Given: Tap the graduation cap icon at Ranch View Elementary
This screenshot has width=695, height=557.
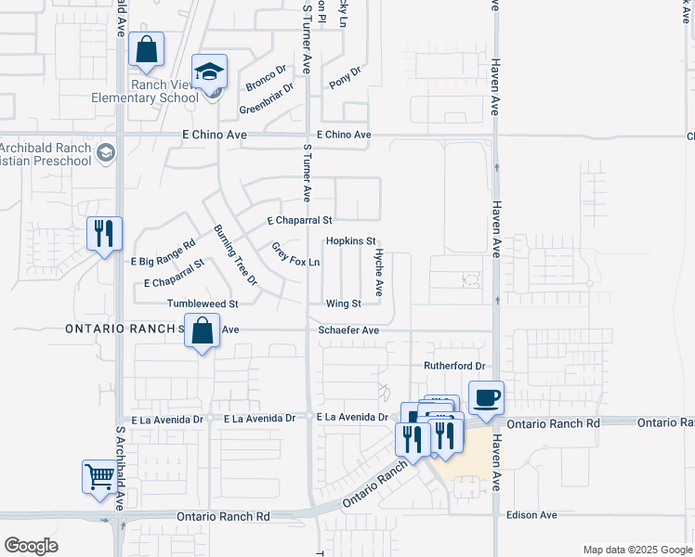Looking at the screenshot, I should (x=210, y=72).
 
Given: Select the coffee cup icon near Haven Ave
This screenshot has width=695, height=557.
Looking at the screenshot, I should (x=487, y=398).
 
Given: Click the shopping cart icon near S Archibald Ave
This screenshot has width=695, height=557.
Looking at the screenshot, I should (x=98, y=477).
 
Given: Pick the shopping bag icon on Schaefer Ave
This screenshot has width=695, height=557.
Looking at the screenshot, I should (x=202, y=330).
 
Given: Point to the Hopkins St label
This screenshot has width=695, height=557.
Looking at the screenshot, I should (x=350, y=240).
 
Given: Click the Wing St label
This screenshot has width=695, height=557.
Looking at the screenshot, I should (x=343, y=304).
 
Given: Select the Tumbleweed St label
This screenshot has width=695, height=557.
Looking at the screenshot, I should (x=203, y=304).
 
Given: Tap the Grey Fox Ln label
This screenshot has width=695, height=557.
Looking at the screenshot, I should (x=295, y=254).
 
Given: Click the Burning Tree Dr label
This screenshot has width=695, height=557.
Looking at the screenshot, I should (x=234, y=254).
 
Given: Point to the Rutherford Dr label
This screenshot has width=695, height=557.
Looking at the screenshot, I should (x=455, y=367).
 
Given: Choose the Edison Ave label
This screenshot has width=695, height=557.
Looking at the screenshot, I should (x=531, y=514).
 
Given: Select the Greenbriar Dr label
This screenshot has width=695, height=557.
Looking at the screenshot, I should (x=267, y=100).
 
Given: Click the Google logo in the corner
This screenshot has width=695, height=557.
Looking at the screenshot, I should (x=31, y=546).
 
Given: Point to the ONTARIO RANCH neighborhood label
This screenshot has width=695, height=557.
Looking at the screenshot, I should (x=122, y=330).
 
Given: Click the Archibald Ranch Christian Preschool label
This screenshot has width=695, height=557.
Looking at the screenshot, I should (x=46, y=154).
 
